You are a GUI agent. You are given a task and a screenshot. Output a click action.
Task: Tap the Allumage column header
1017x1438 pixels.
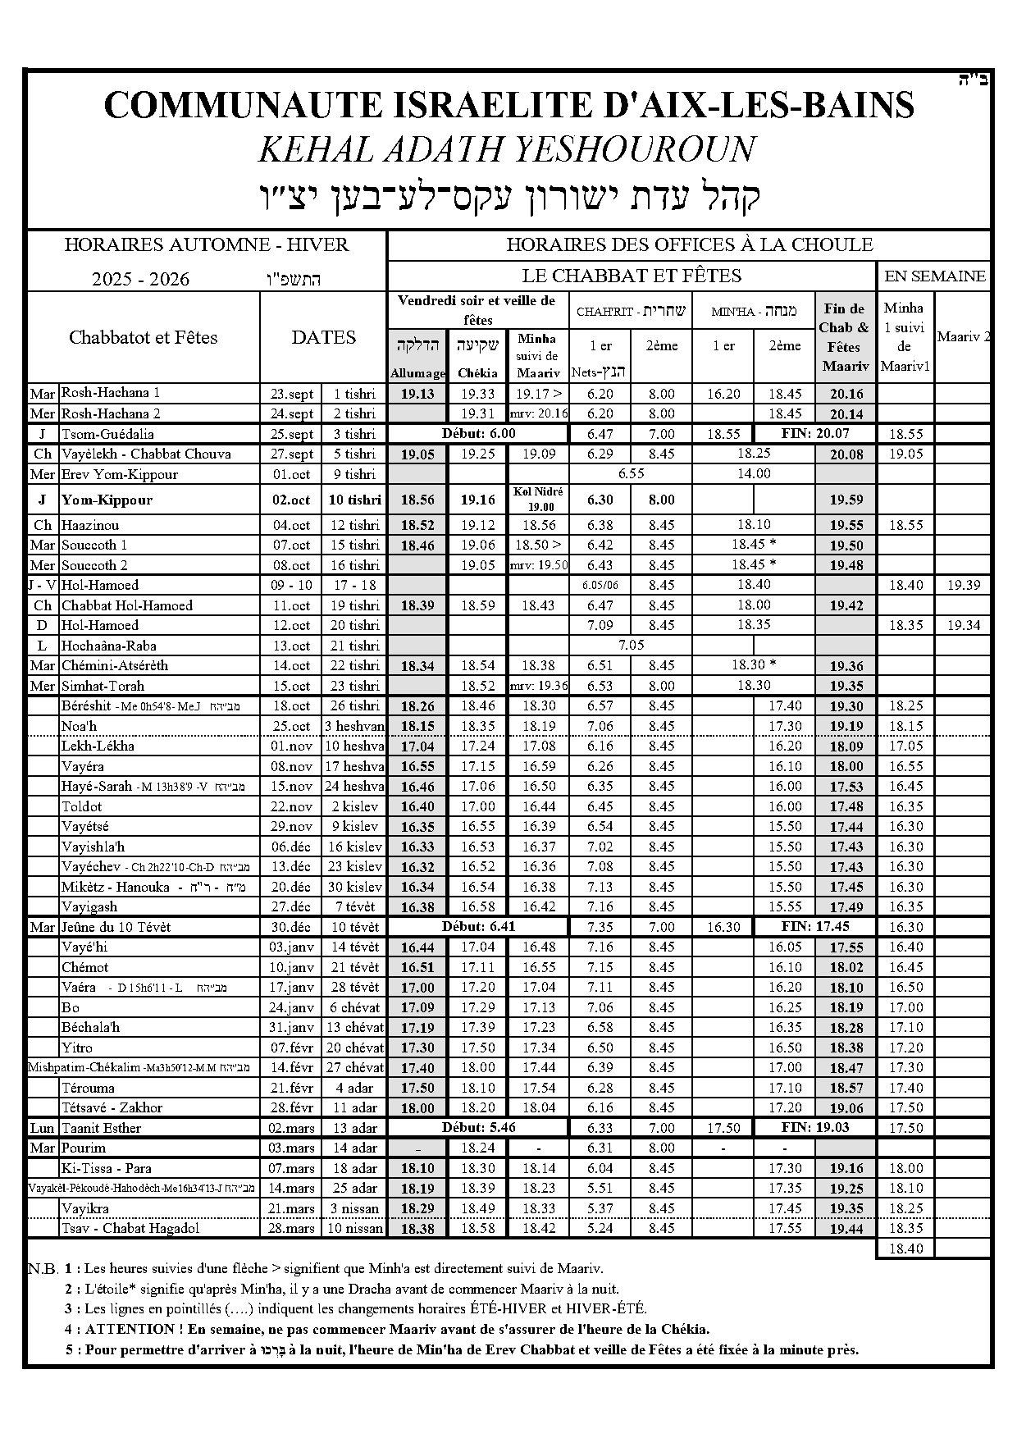tap(417, 373)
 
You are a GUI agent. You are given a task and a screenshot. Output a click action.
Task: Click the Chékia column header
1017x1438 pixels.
tap(477, 373)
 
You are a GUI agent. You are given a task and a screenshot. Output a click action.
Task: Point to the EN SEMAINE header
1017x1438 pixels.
tap(934, 276)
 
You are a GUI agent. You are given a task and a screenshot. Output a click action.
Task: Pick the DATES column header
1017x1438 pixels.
tap(323, 337)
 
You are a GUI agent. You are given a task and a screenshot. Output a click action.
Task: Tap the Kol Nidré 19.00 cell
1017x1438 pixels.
tap(538, 499)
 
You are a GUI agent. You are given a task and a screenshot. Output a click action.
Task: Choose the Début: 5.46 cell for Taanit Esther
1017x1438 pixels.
tap(478, 1127)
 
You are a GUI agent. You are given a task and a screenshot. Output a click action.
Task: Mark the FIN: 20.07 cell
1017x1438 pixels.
tap(814, 433)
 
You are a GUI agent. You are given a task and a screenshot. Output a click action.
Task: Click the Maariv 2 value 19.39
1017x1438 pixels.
tap(963, 585)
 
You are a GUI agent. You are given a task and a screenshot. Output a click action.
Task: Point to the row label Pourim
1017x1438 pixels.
tap(84, 1148)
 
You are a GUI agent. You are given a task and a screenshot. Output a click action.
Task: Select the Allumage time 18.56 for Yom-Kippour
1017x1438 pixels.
tap(417, 500)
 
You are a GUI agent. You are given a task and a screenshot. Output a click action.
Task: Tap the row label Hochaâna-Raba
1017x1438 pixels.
tap(108, 646)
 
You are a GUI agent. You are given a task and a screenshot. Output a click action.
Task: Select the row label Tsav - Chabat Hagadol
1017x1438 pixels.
tap(130, 1228)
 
